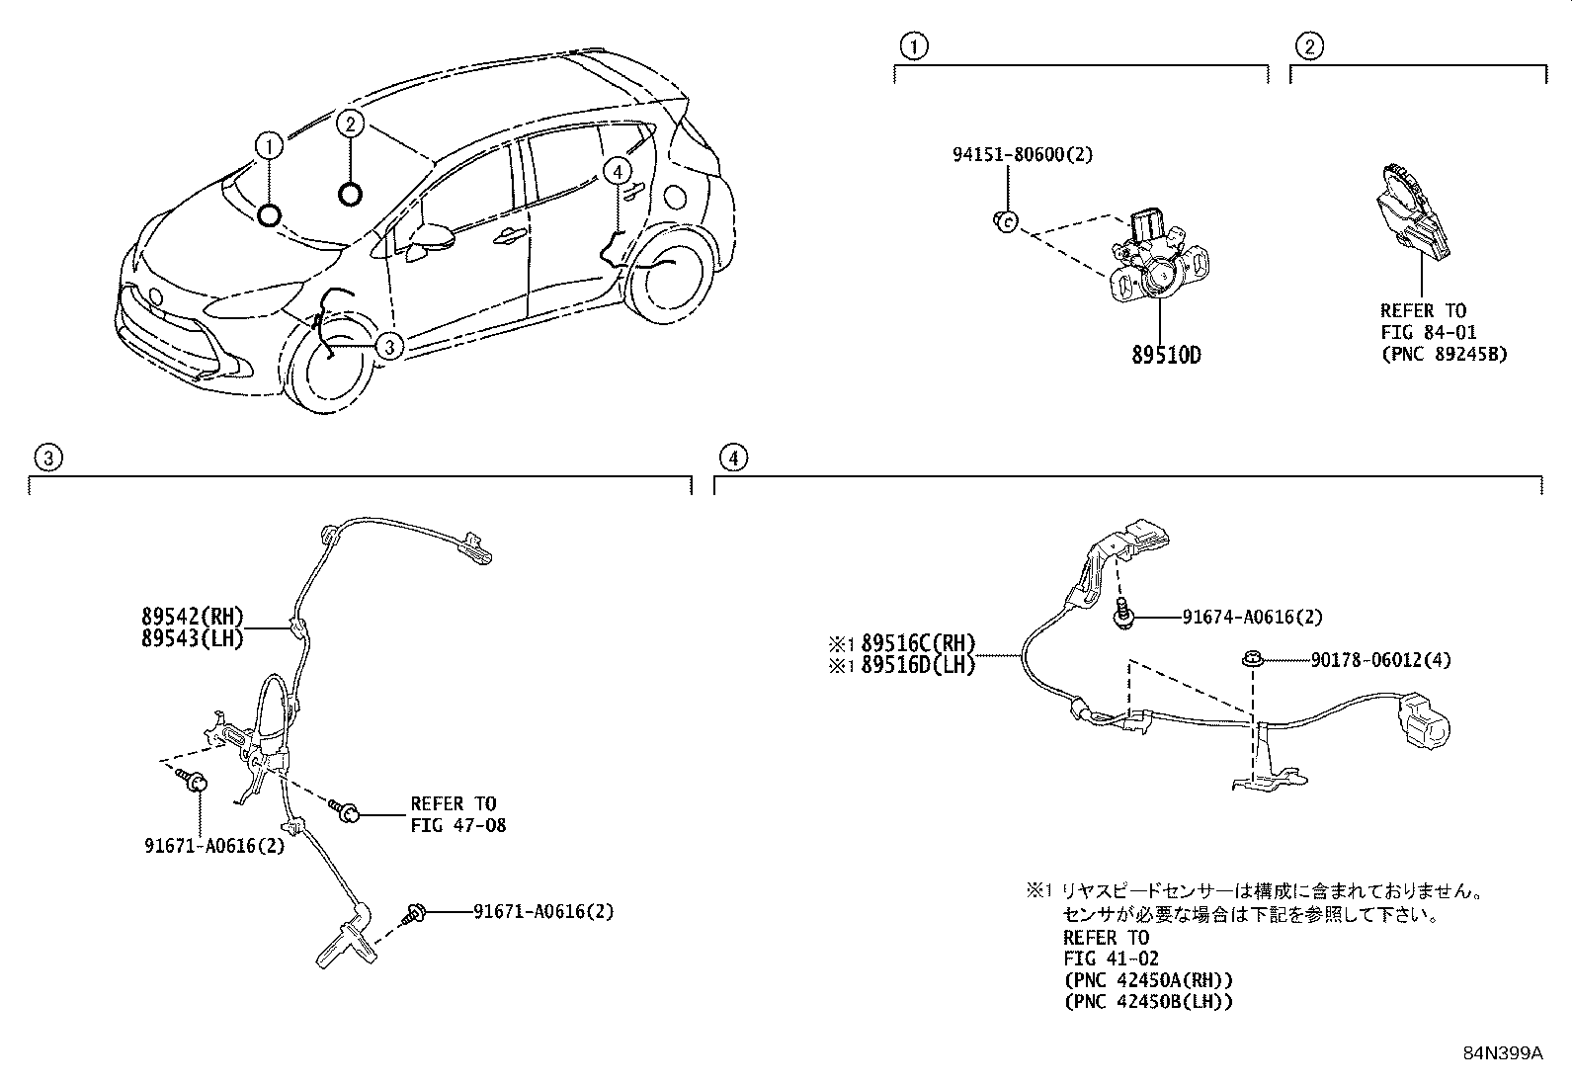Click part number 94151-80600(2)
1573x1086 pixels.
[x=1023, y=154]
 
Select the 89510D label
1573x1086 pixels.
[x=1166, y=355]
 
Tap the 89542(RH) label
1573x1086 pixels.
[x=193, y=616]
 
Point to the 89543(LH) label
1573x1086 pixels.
[x=193, y=637]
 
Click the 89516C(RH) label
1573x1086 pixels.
[x=919, y=642]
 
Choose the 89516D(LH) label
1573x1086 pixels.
[x=919, y=664]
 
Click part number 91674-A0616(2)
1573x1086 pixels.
[x=1252, y=617]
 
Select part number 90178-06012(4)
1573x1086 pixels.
[x=1380, y=660]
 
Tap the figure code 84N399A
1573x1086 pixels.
[x=1503, y=1053]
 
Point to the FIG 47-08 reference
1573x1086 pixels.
[x=457, y=825]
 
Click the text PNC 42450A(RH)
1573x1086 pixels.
[x=1149, y=980]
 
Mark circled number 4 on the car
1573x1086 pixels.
[x=618, y=172]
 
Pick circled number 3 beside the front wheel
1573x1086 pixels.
[x=389, y=346]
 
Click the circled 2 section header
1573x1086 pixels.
[x=1309, y=46]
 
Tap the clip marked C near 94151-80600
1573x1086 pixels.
[x=1006, y=222]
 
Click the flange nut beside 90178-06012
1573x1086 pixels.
[x=1253, y=660]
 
